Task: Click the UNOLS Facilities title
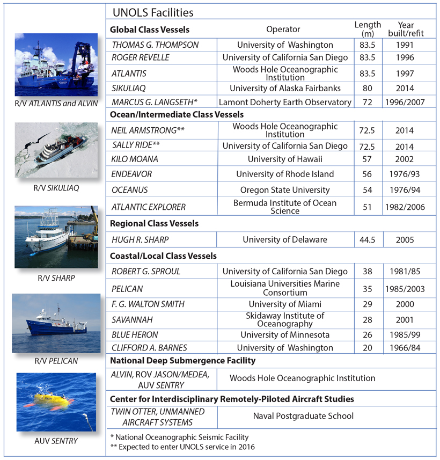point(153,12)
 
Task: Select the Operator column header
point(283,30)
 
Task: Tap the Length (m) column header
point(368,30)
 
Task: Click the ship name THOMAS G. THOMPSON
point(148,45)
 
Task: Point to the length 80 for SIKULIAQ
point(368,88)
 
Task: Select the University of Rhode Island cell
point(285,174)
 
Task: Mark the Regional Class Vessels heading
point(154,223)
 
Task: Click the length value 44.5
point(368,240)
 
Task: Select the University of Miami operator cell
point(285,304)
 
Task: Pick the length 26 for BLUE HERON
point(368,335)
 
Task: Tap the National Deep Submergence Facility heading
point(182,360)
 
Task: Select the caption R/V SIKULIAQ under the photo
point(56,188)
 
